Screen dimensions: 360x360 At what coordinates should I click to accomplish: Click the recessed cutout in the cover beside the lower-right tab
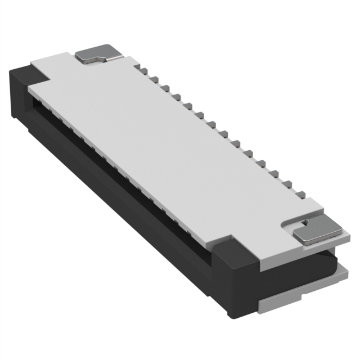pos(287,225)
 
